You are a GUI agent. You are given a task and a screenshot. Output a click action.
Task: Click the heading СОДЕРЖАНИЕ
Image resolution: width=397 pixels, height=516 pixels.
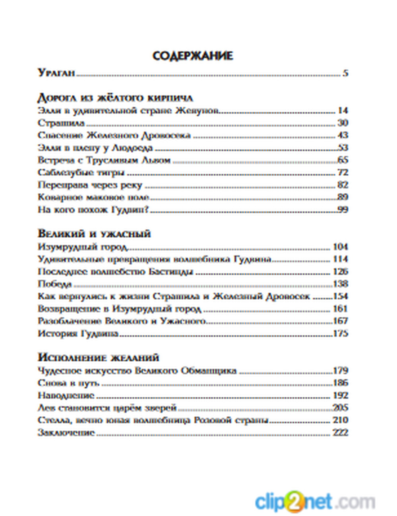193,56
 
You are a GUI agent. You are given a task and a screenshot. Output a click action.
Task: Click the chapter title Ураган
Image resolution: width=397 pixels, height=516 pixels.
56,73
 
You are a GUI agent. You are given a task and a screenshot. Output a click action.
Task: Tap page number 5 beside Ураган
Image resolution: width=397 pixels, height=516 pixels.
345,73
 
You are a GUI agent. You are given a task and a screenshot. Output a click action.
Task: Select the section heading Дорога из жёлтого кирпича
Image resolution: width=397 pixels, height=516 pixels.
115,98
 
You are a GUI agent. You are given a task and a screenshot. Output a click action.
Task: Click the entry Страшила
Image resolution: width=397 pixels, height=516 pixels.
61,123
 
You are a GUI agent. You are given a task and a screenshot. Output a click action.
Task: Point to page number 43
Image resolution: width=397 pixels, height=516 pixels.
343,135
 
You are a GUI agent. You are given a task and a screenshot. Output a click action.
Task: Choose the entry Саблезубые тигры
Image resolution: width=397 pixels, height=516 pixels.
81,173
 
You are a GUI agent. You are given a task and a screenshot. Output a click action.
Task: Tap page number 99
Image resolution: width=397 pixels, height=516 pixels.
343,210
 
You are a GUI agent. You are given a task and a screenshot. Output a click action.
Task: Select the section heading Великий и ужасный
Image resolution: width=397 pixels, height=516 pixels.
94,233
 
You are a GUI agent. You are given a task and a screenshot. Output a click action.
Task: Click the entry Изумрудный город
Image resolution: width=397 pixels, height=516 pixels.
83,247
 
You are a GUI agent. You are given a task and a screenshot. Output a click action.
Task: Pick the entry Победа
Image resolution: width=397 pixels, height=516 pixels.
55,284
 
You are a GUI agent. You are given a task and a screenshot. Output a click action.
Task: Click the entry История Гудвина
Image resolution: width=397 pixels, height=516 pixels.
78,333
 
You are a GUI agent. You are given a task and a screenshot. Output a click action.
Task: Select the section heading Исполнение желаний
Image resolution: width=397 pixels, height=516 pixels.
98,357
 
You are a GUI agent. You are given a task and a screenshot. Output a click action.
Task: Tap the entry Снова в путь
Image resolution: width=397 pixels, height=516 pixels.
68,383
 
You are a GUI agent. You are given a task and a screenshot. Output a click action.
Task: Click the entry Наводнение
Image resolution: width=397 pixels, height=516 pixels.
66,395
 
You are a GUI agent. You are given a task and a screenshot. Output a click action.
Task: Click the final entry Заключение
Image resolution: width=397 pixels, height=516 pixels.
66,432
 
